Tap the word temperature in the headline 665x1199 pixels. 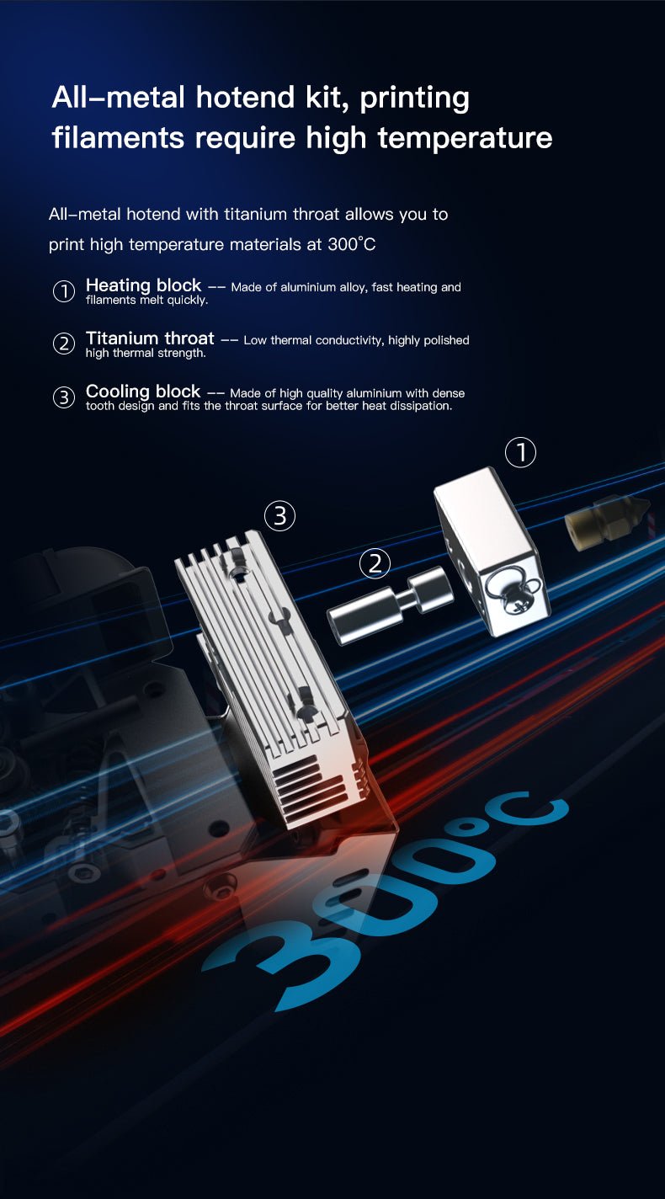click(465, 137)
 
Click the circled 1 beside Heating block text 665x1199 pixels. click(64, 291)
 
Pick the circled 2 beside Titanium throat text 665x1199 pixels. click(64, 344)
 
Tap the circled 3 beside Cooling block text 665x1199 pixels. click(64, 397)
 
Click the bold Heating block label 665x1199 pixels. click(143, 285)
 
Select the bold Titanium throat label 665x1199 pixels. click(150, 338)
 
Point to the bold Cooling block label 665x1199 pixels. click(143, 392)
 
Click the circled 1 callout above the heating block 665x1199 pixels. click(520, 453)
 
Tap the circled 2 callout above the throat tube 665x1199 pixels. click(375, 563)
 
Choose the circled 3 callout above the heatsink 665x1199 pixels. click(280, 515)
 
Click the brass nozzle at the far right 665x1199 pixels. click(606, 520)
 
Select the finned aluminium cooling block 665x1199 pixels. click(269, 674)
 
